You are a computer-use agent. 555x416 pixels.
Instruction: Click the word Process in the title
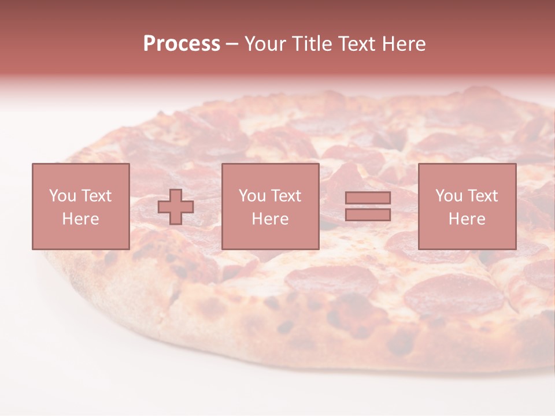pyautogui.click(x=182, y=44)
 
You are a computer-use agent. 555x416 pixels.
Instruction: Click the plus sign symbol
pyautogui.click(x=176, y=207)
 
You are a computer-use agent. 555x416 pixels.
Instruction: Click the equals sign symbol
pyautogui.click(x=368, y=206)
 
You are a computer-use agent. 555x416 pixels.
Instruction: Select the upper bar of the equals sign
pyautogui.click(x=368, y=198)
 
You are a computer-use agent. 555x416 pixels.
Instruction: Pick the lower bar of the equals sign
pyautogui.click(x=368, y=214)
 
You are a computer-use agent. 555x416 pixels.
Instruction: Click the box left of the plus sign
pyautogui.click(x=81, y=206)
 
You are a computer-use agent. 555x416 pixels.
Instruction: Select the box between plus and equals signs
pyautogui.click(x=271, y=206)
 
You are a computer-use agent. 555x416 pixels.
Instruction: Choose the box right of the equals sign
pyautogui.click(x=467, y=206)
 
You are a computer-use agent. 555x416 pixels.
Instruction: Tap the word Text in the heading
pyautogui.click(x=356, y=44)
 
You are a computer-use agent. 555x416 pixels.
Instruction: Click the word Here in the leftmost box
pyautogui.click(x=81, y=219)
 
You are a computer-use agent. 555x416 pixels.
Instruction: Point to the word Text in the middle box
pyautogui.click(x=287, y=196)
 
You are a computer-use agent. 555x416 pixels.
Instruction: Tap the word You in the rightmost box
pyautogui.click(x=449, y=196)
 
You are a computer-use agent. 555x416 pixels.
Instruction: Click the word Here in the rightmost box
pyautogui.click(x=467, y=219)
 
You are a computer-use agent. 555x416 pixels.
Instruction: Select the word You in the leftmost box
pyautogui.click(x=63, y=196)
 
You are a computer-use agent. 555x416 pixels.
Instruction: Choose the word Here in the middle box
pyautogui.click(x=271, y=219)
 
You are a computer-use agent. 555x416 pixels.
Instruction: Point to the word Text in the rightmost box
pyautogui.click(x=483, y=196)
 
